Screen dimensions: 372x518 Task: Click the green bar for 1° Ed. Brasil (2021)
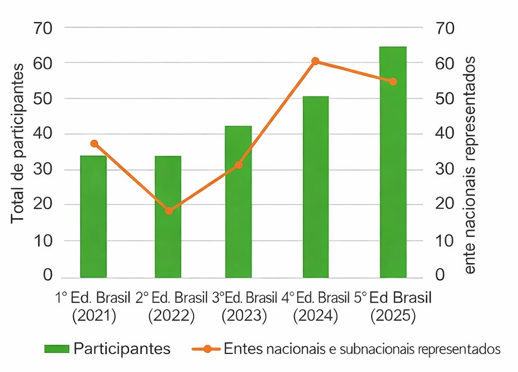[93, 216]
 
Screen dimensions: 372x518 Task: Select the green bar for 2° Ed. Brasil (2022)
[168, 216]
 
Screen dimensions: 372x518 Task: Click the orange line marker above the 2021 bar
[94, 144]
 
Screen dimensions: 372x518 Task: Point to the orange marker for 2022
[168, 211]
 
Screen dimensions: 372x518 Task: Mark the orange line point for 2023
[239, 165]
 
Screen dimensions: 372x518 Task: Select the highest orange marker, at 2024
[315, 61]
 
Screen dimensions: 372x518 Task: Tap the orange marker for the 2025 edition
[393, 82]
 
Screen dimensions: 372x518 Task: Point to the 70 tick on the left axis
[44, 27]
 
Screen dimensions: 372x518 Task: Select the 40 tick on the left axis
[44, 134]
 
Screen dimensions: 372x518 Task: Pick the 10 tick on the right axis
[445, 241]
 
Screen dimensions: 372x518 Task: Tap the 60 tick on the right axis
[445, 63]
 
